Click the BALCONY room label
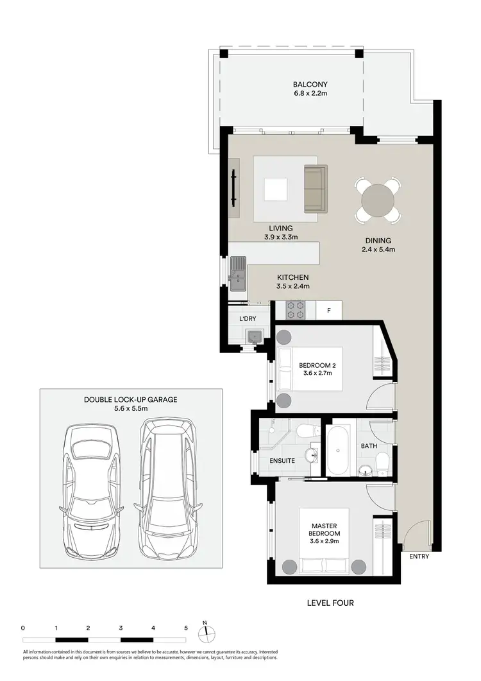tap(310, 84)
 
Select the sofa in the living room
tap(315, 188)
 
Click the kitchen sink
tap(239, 272)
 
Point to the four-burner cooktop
tap(295, 310)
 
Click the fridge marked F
tap(329, 311)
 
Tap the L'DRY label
tap(247, 319)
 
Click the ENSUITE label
tap(282, 460)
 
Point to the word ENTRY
tap(419, 556)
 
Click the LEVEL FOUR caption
tap(330, 603)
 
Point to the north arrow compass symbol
tap(204, 632)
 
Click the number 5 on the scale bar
tap(185, 627)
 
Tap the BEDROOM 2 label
tap(318, 366)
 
